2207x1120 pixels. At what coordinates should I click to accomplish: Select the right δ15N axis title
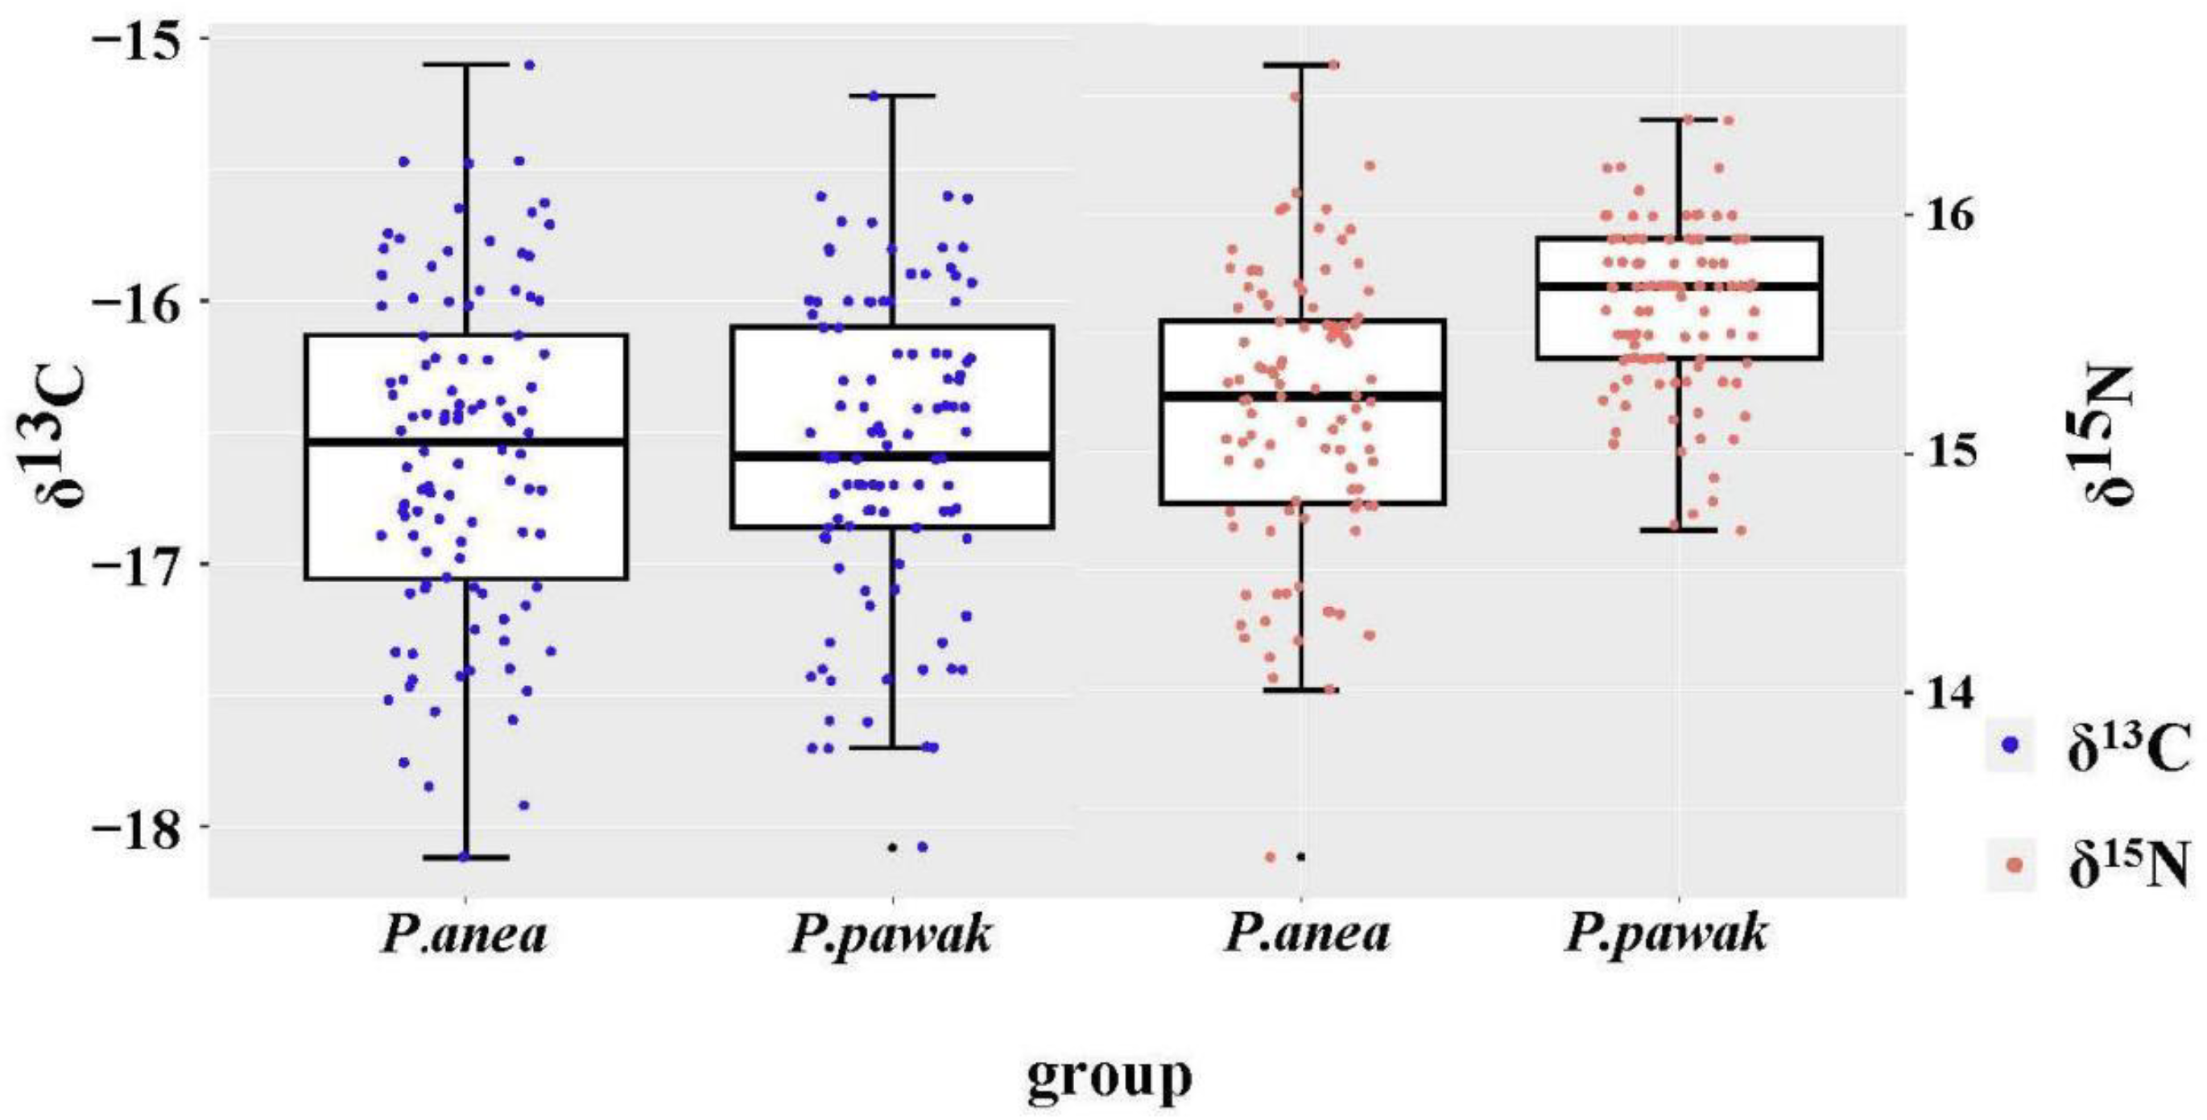click(2112, 432)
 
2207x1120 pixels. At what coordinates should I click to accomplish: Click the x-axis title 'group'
click(1109, 1077)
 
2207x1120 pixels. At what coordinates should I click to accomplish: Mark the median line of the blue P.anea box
click(466, 442)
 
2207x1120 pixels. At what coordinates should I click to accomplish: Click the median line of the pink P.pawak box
click(1678, 285)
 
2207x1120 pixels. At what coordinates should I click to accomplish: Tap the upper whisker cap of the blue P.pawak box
click(892, 96)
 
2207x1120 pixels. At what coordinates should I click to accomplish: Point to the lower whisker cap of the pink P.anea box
click(1301, 690)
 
